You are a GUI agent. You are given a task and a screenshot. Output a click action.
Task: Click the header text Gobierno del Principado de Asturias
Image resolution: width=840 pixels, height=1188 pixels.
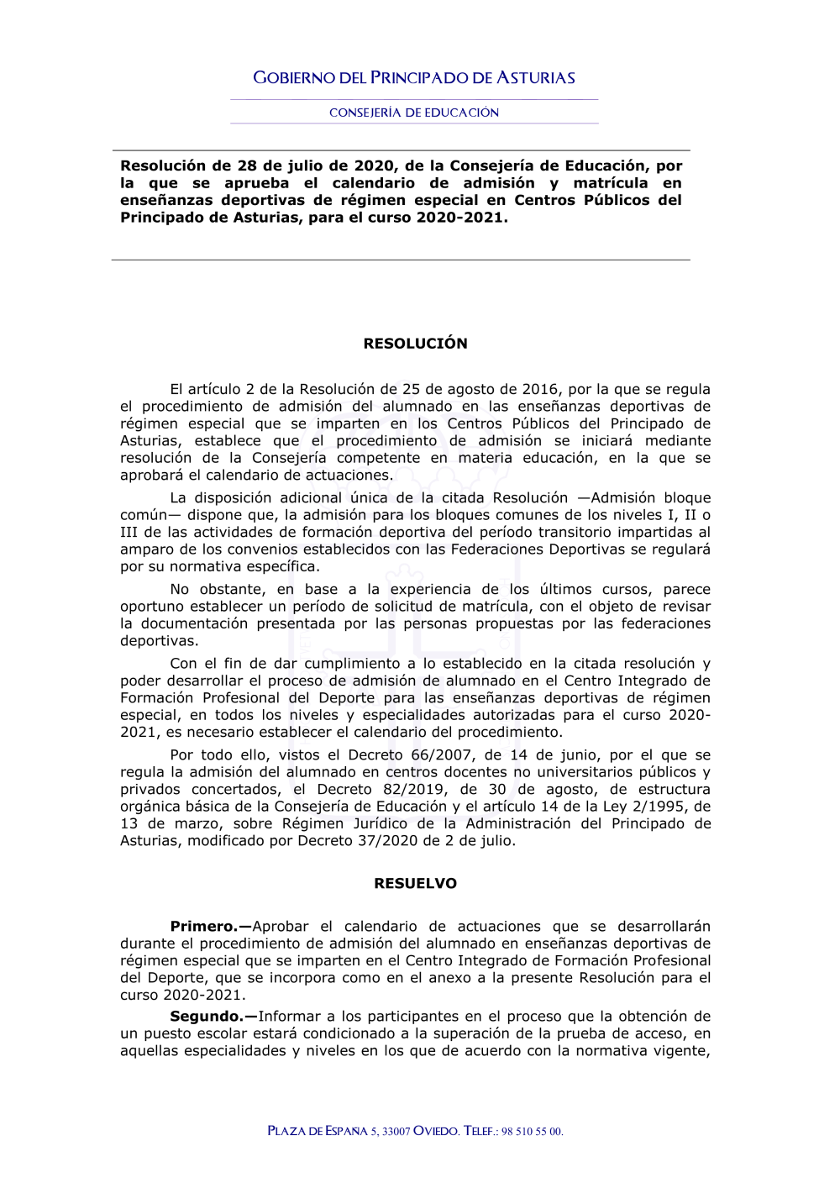414,78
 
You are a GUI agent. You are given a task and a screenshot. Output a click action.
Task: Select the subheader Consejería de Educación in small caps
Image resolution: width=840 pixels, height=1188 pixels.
414,113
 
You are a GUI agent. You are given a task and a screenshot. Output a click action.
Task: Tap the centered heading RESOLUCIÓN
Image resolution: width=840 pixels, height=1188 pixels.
415,344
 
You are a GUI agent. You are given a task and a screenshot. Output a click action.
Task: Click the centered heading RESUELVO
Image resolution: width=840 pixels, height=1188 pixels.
415,884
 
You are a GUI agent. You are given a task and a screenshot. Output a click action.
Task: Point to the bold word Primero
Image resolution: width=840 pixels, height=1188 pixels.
204,927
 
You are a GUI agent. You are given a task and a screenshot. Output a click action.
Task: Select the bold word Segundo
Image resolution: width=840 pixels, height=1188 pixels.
207,1017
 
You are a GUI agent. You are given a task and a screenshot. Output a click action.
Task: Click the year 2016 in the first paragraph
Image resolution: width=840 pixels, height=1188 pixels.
540,390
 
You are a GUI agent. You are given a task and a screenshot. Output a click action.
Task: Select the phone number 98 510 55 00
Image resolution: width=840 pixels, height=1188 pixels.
532,1132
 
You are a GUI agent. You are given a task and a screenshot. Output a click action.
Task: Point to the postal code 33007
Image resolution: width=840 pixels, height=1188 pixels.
396,1132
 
